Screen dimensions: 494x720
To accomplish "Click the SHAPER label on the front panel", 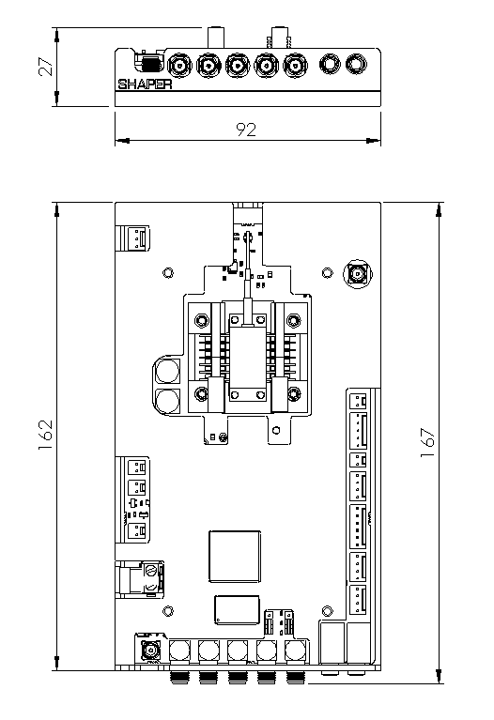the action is click(145, 84).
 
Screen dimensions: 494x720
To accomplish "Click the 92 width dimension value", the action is click(246, 130).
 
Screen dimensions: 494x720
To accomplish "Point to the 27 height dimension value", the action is click(46, 67).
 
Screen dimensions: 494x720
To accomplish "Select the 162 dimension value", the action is click(45, 435).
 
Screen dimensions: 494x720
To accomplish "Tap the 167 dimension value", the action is click(427, 442).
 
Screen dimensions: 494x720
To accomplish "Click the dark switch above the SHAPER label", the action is click(151, 64).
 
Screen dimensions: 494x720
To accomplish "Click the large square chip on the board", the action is click(235, 557).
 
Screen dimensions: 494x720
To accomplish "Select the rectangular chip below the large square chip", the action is click(237, 610).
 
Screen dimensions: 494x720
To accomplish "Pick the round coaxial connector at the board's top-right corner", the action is click(358, 274).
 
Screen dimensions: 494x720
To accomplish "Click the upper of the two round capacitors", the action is click(167, 371).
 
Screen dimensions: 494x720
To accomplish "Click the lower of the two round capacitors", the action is click(167, 401).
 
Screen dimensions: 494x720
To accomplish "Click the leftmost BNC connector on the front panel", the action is click(179, 66).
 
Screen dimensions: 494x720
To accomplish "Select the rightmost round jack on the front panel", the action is click(356, 64).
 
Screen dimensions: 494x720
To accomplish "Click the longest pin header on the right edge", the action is click(359, 527).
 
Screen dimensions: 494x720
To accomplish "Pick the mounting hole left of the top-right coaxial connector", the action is click(326, 273).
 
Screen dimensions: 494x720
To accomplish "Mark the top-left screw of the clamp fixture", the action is click(201, 319).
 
